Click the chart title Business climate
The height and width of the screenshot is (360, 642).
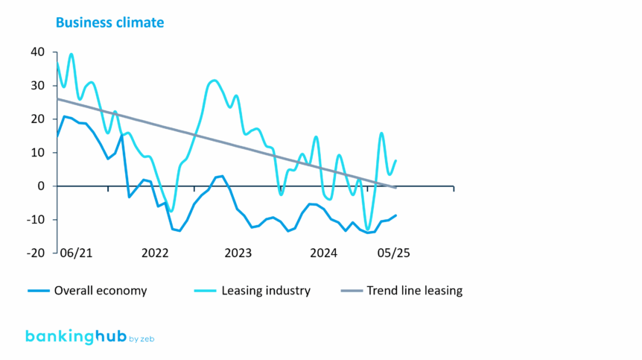click(109, 22)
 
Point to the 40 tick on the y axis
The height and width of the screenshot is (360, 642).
click(38, 51)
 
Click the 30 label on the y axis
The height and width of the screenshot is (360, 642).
click(38, 85)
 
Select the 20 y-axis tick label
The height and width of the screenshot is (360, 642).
click(38, 119)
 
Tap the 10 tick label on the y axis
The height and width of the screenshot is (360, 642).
click(38, 152)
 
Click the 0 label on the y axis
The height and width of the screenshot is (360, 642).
click(42, 186)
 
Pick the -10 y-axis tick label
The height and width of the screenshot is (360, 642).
click(36, 219)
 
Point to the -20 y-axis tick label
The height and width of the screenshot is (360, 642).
click(36, 253)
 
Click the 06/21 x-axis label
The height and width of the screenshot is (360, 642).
click(76, 253)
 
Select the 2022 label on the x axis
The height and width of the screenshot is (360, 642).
click(156, 253)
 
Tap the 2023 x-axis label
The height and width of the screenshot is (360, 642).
click(238, 253)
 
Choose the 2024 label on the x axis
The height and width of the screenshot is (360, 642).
click(323, 253)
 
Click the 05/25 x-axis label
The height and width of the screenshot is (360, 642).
click(392, 253)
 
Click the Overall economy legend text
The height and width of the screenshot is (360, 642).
click(101, 291)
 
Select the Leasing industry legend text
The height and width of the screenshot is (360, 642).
click(266, 291)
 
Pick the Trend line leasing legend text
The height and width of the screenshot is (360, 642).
click(414, 291)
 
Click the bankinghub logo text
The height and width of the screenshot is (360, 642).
click(71, 336)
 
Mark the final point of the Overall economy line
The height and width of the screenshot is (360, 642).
click(396, 215)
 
